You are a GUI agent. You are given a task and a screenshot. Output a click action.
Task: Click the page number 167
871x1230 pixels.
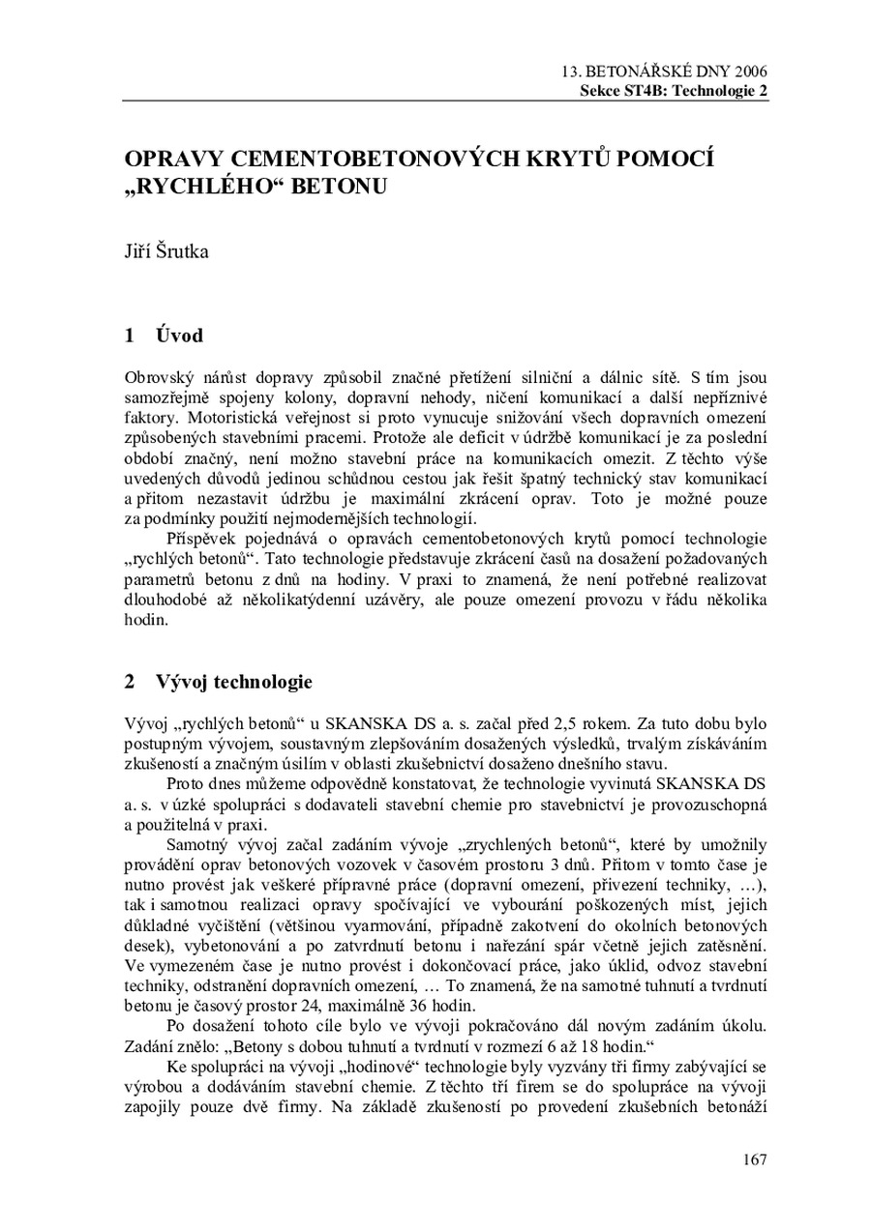(x=755, y=1159)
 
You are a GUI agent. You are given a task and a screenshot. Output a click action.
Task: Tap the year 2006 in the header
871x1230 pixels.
(x=752, y=73)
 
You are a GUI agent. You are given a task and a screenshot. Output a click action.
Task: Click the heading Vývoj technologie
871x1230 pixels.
(x=233, y=682)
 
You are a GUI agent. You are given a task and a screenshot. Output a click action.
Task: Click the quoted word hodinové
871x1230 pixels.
(x=435, y=1065)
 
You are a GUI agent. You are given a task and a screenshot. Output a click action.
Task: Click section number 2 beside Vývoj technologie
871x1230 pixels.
(x=131, y=682)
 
